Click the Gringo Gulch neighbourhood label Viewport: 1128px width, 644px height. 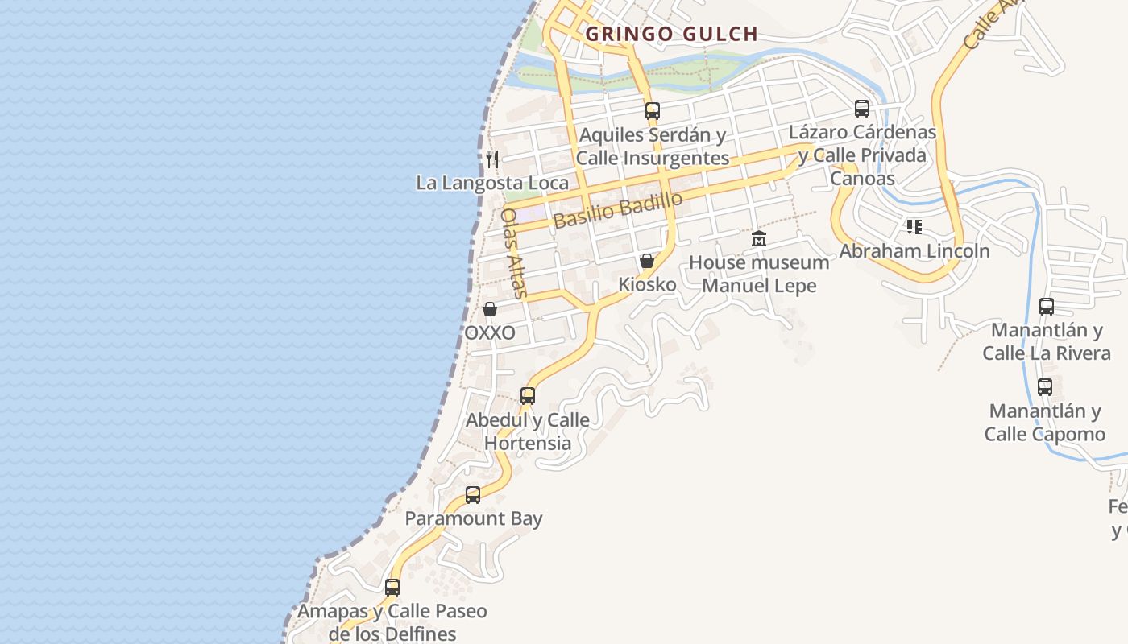point(671,34)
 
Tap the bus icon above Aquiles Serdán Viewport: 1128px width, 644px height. point(653,111)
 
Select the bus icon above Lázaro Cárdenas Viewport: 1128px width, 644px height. point(862,108)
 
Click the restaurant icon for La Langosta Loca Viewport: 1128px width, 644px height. point(492,159)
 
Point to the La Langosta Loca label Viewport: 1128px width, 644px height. point(492,183)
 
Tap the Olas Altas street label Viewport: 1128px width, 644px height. point(514,253)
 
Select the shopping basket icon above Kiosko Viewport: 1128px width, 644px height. point(646,261)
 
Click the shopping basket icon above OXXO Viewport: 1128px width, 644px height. point(489,309)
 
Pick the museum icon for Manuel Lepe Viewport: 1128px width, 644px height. point(758,239)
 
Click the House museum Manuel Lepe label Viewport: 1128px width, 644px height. point(759,274)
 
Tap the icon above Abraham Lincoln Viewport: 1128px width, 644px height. point(914,227)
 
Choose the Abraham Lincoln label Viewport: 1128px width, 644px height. point(914,250)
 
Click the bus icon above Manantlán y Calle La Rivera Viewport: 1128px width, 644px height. point(1046,307)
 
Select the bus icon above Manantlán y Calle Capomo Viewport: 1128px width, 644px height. point(1045,387)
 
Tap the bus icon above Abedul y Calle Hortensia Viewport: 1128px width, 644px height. point(528,396)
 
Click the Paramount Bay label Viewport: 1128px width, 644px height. point(474,518)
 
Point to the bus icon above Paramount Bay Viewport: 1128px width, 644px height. point(473,495)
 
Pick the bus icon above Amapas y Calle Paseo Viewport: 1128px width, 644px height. point(392,588)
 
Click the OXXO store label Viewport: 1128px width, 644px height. point(490,332)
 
